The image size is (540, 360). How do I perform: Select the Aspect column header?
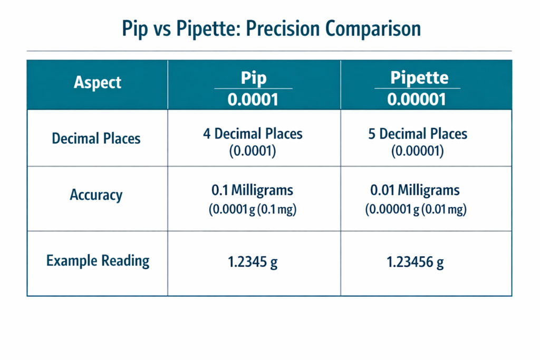pyautogui.click(x=98, y=83)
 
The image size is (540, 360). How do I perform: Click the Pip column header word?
pyautogui.click(x=254, y=78)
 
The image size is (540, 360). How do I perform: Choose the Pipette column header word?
pyautogui.click(x=419, y=78)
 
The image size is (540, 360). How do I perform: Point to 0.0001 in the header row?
pyautogui.click(x=253, y=99)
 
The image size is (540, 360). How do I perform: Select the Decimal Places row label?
pyautogui.click(x=97, y=139)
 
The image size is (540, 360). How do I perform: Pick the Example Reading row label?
pyautogui.click(x=98, y=260)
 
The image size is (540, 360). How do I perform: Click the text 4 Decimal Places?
pyautogui.click(x=253, y=133)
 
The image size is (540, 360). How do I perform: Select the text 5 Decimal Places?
pyautogui.click(x=418, y=133)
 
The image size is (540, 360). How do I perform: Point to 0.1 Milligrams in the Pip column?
pyautogui.click(x=253, y=190)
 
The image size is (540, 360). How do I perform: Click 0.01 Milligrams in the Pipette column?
pyautogui.click(x=415, y=190)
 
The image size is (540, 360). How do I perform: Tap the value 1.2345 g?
pyautogui.click(x=253, y=261)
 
